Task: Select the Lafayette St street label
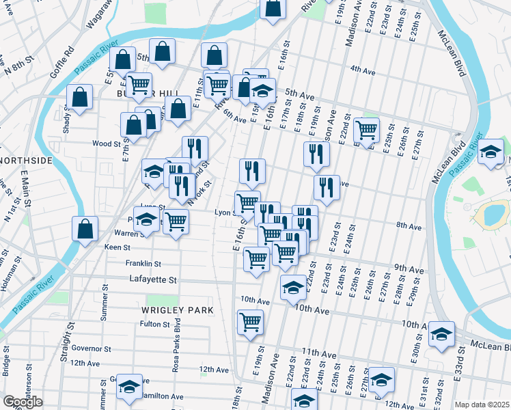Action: point(153,279)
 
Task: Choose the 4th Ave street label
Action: point(363,69)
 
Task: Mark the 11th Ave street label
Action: point(319,354)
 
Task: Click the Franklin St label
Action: point(143,263)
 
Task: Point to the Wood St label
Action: point(107,144)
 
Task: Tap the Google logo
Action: point(23,402)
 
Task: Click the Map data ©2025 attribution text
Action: point(482,405)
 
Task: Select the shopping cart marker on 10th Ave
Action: point(251,322)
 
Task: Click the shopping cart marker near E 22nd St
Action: point(367,129)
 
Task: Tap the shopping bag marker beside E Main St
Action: point(85,230)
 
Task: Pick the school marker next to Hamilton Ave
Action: point(129,387)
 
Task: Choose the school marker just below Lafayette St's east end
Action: point(293,287)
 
